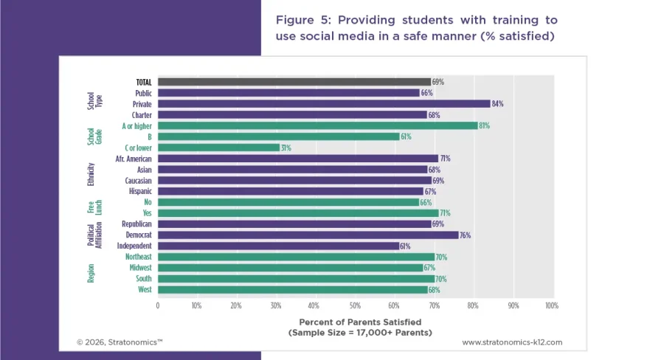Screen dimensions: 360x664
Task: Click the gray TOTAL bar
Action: coord(294,82)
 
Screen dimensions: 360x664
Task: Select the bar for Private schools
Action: coord(323,104)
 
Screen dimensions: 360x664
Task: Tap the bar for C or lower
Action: coord(218,148)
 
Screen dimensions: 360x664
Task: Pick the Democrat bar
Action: coord(308,235)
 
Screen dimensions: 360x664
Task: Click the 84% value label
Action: coord(497,104)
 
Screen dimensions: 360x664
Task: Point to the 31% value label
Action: coord(286,148)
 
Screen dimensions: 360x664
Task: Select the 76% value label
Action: coord(465,235)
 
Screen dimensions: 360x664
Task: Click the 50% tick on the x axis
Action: coord(354,305)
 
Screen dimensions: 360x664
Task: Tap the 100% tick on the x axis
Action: coord(550,305)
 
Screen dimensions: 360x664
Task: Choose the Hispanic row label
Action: coord(139,191)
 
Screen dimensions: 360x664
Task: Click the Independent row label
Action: coord(134,246)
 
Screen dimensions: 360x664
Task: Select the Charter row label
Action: coord(142,115)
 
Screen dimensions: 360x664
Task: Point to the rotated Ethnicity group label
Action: coord(91,175)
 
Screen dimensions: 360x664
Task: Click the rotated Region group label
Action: coord(91,273)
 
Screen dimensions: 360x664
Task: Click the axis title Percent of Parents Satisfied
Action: coord(359,322)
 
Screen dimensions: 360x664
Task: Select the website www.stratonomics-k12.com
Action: coord(512,342)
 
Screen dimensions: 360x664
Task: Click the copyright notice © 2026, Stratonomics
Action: coord(120,342)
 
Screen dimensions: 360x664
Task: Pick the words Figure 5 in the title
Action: coord(302,19)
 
